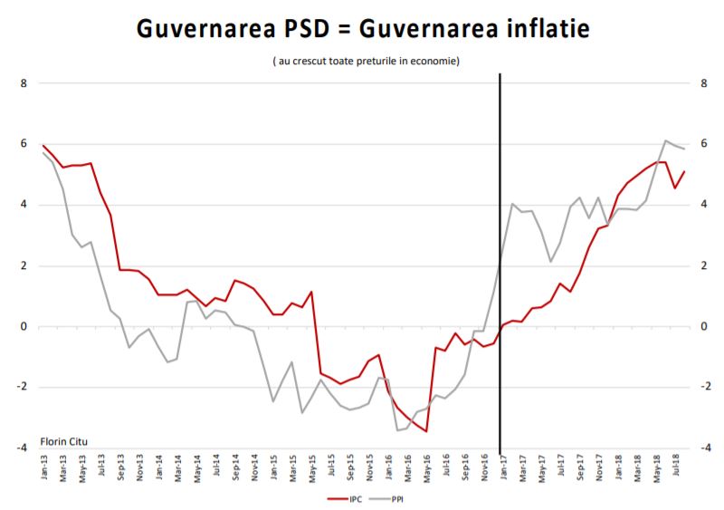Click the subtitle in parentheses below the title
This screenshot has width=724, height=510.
coord(367,61)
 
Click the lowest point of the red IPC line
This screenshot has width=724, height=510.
coord(425,431)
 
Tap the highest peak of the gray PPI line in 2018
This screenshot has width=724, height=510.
coord(666,140)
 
